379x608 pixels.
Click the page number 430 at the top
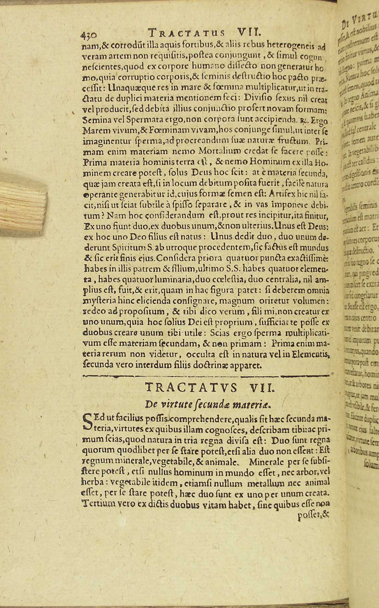pyautogui.click(x=89, y=34)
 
